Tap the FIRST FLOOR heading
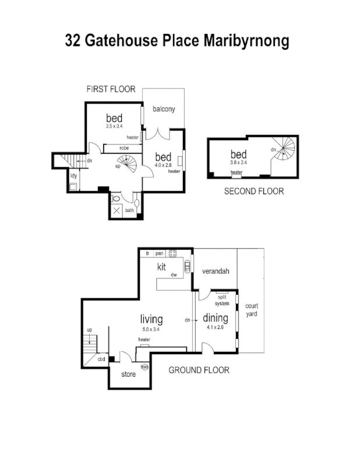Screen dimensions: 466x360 coord(111,89)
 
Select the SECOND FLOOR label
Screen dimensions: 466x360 coord(254,191)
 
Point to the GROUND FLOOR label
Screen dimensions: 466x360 coord(199,370)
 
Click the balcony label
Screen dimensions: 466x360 coord(164,109)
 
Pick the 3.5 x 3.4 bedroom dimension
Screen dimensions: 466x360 coord(114,126)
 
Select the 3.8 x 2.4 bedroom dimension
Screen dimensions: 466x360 coord(239,163)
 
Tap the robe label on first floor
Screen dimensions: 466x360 coord(124,148)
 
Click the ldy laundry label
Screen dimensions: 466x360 coord(74,175)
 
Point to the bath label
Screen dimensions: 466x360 coord(129,210)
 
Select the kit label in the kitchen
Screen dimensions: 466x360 coord(162,267)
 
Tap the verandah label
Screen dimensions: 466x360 coord(214,271)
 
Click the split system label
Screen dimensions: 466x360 coord(222,300)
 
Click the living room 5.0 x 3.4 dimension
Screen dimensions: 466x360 coord(151,329)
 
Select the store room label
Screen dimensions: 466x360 coord(128,374)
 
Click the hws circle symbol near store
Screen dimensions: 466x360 coord(144,366)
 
